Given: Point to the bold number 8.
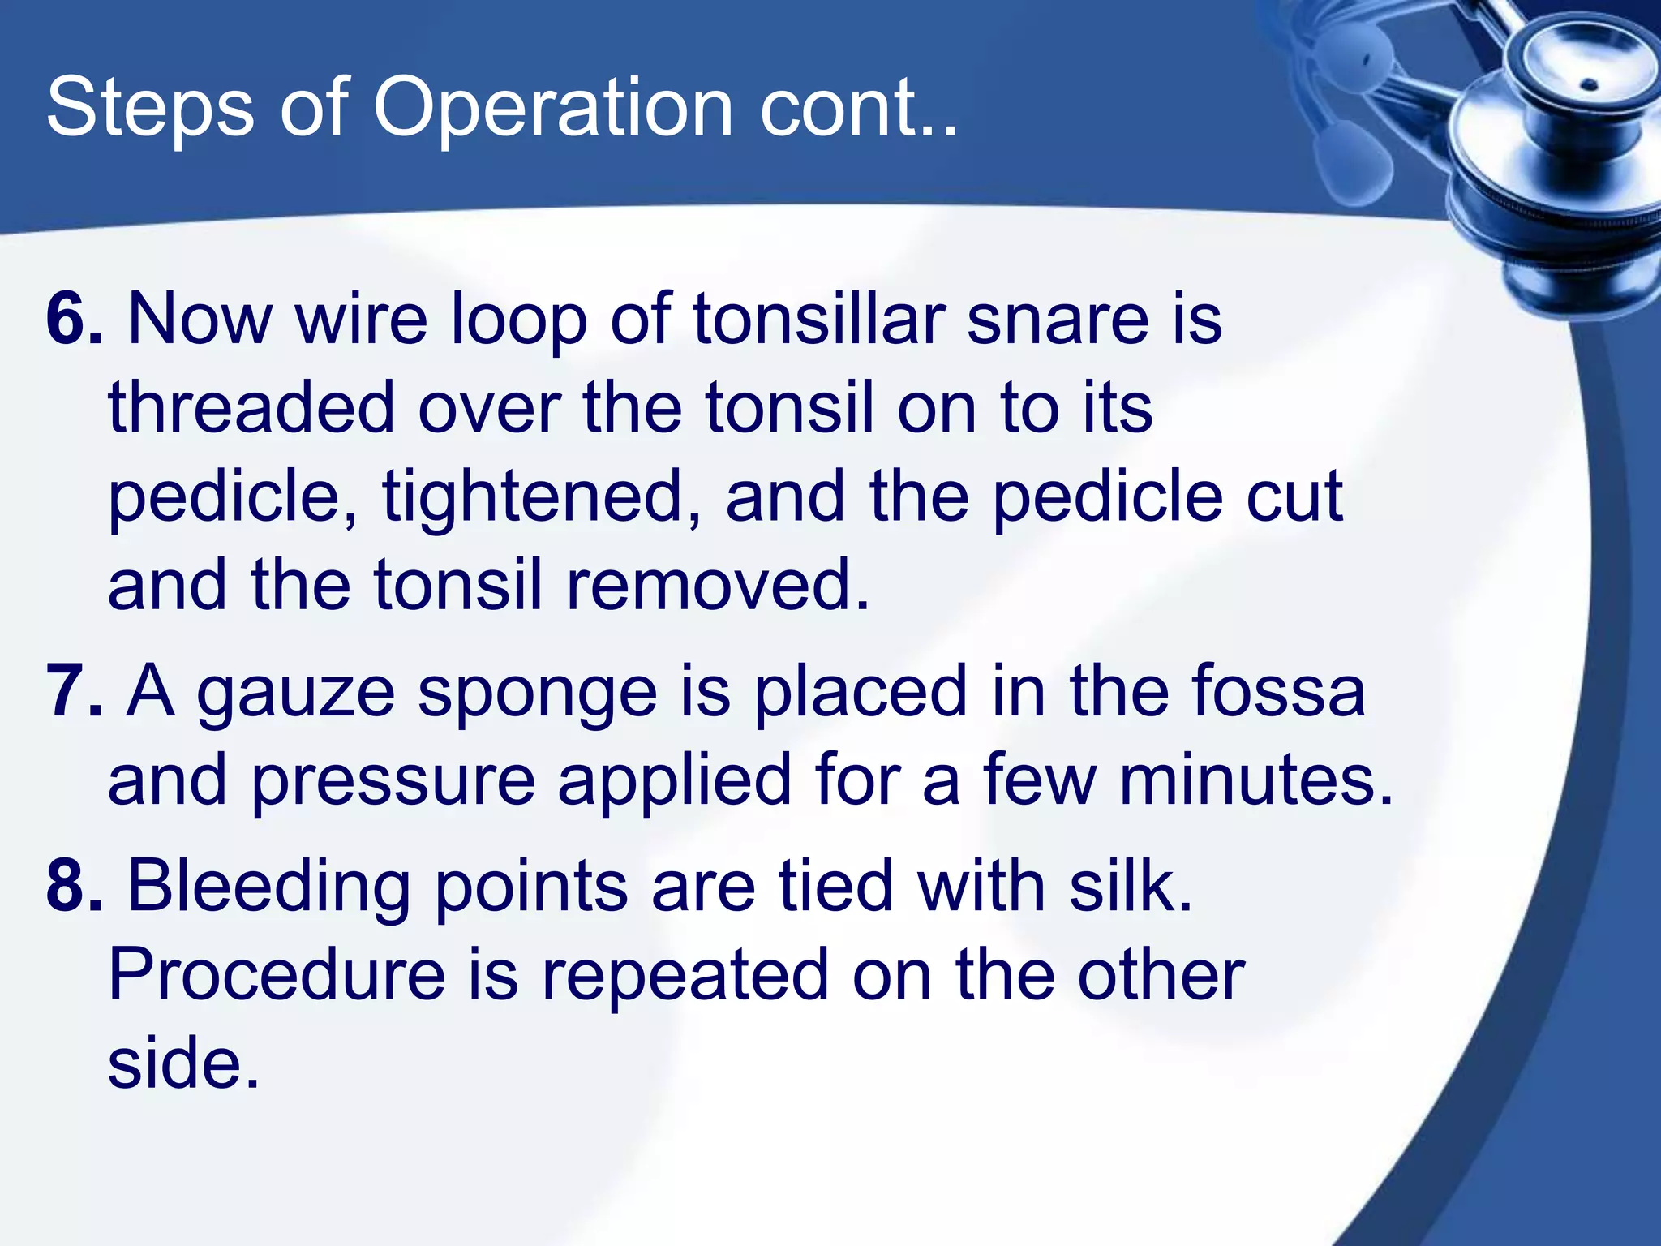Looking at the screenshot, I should tap(74, 886).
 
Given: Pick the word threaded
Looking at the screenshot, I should tap(251, 407).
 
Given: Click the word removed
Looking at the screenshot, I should tap(717, 585).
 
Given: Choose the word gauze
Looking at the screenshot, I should tap(295, 696).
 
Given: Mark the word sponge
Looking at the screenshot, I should tap(537, 696).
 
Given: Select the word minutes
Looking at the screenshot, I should tap(1255, 780).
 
